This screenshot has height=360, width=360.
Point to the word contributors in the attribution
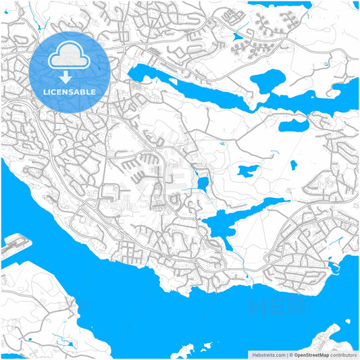(343, 354)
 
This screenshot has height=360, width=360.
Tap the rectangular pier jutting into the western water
(16, 244)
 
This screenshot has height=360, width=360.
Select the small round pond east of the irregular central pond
(293, 164)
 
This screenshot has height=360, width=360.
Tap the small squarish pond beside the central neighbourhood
(202, 182)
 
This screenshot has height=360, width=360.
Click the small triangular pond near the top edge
(236, 37)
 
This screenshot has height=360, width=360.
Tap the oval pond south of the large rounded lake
(294, 125)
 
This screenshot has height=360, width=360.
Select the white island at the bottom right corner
(324, 341)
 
